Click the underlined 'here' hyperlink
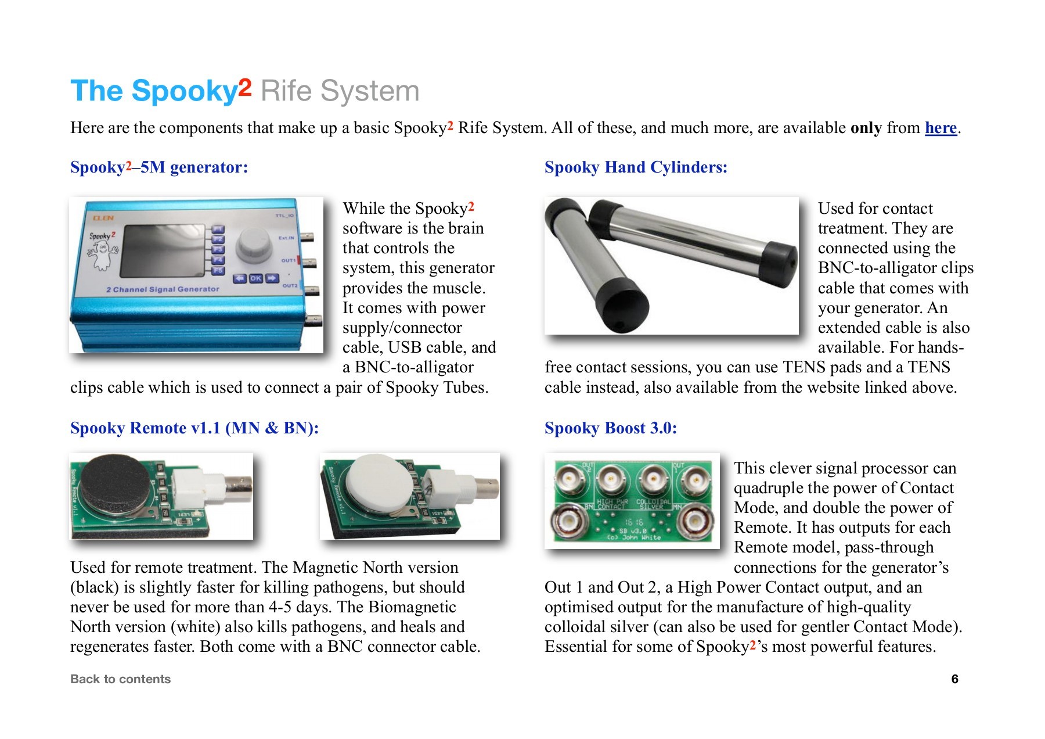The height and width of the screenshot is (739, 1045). pos(941,128)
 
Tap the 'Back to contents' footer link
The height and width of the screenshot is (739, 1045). pos(120,679)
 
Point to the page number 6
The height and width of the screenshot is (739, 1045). pos(954,679)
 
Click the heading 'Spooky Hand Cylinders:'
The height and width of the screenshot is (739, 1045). pos(636,167)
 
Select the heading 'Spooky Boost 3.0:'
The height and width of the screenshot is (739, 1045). pos(610,428)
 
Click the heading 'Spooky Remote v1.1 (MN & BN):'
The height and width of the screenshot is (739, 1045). pos(194,428)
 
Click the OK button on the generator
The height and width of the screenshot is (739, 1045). pos(256,278)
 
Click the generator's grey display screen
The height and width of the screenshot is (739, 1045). pos(162,251)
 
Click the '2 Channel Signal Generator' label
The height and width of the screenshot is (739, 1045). pos(163,289)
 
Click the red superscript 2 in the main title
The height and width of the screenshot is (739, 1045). pos(244,87)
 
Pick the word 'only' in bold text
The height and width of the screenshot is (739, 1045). pos(866,128)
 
